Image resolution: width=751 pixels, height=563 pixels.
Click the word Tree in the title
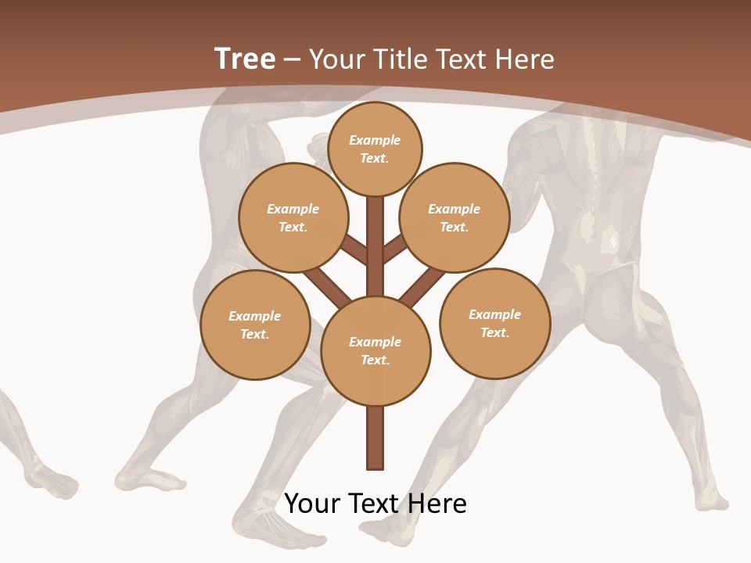245,59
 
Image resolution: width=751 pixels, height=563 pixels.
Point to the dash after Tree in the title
292,60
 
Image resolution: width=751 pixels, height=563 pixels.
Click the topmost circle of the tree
375,149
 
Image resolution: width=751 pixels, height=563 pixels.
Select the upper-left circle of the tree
293,217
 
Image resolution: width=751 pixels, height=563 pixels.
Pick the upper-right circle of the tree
455,217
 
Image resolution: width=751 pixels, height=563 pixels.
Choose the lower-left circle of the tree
255,325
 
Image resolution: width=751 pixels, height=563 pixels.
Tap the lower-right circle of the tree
495,323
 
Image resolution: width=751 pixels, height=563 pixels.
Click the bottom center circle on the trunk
375,350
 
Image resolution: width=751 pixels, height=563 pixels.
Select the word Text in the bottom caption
377,504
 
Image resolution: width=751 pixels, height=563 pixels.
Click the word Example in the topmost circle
375,140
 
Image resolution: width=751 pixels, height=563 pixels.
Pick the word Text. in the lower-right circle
494,332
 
